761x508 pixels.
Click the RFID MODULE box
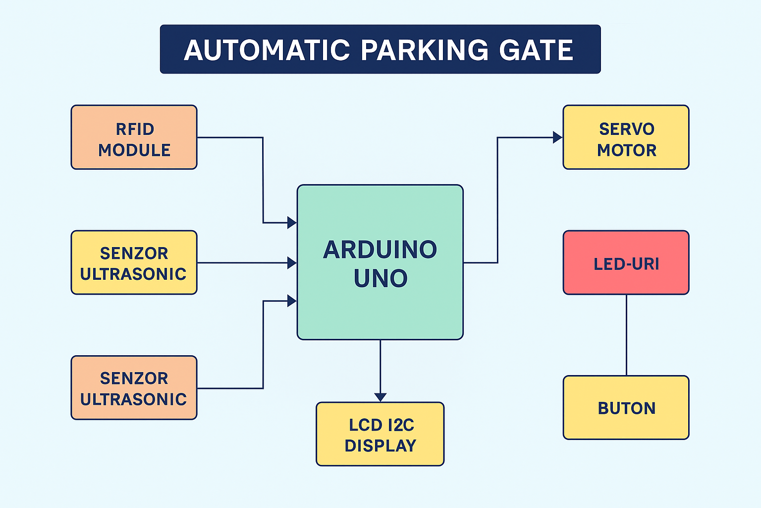coord(134,137)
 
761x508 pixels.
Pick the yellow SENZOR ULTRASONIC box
coord(134,262)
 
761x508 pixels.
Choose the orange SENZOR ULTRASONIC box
coord(134,388)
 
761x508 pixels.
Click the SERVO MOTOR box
coord(626,137)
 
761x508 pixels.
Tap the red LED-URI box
coord(626,262)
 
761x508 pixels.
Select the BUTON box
coord(626,407)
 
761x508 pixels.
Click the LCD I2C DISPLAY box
coord(380,434)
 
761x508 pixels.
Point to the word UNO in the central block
coord(380,278)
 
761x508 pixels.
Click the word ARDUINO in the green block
coord(380,250)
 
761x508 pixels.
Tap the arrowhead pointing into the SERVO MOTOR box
coord(558,137)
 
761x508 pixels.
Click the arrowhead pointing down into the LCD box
coord(380,397)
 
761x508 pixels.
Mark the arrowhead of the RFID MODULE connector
coord(292,223)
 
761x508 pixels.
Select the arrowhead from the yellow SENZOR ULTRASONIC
coord(292,262)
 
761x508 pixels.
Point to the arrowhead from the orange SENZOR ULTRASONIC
coord(292,301)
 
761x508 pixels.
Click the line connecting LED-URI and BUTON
coord(626,335)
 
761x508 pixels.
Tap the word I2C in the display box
coord(401,425)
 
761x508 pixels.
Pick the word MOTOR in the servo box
coord(626,150)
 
